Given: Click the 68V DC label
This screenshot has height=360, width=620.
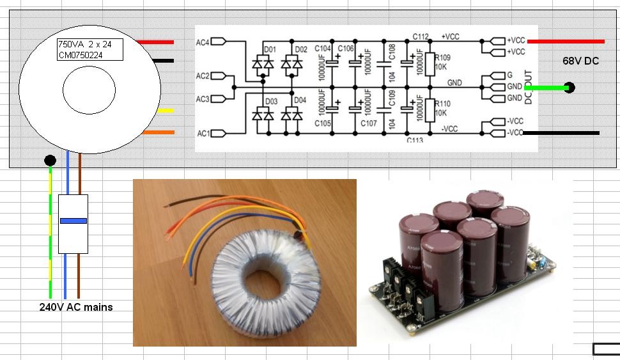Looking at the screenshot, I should pos(580,61).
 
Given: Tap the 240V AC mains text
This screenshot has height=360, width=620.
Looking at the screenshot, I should pos(76,307).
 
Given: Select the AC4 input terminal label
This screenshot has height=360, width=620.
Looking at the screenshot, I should pos(203,42).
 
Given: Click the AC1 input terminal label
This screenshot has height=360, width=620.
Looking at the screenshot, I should pos(203,134).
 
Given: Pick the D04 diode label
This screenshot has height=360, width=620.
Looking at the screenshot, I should pos(300,100).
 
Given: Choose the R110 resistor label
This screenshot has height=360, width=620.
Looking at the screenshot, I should pos(443,103).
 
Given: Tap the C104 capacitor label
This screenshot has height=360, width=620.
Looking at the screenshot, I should pos(323,49).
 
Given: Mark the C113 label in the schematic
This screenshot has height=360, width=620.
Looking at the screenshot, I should pos(415,140).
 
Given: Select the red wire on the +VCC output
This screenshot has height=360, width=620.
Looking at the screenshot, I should pos(566,42).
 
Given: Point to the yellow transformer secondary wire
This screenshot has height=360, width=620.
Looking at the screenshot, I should pos(165,111).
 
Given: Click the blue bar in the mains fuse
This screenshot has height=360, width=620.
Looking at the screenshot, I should pos(73,221).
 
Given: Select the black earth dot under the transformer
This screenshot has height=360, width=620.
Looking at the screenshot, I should pos(50,160).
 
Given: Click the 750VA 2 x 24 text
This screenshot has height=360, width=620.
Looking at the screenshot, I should pos(85,45).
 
